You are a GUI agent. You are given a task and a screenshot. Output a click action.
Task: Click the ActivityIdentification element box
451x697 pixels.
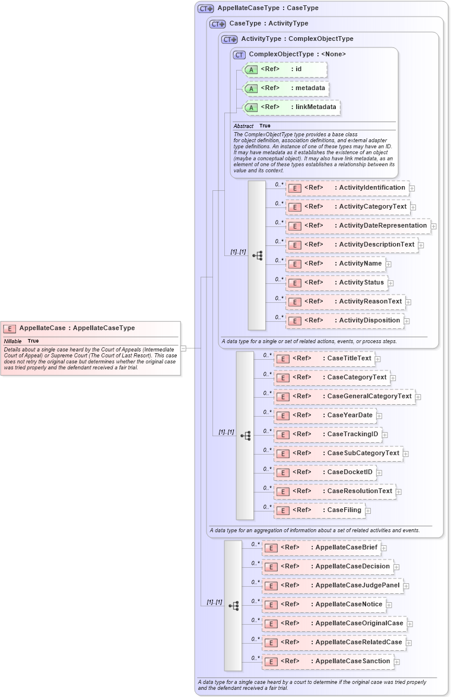347,188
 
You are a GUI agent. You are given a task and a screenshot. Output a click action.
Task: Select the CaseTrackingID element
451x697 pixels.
328,434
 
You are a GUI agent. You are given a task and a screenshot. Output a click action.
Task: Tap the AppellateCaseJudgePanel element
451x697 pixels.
333,586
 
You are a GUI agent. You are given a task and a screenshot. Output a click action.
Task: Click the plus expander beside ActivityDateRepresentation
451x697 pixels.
434,226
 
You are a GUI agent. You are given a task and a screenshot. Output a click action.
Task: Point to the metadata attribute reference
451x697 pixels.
286,88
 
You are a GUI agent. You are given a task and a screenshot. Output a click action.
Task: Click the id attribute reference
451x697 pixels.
285,69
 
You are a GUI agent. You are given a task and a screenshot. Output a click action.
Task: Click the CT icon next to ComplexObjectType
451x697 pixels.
239,55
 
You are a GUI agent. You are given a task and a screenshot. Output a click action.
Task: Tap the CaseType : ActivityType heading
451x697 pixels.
269,24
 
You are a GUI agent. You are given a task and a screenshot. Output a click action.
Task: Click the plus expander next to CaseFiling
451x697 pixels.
368,511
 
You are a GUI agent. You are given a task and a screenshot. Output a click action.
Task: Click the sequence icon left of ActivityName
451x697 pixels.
257,255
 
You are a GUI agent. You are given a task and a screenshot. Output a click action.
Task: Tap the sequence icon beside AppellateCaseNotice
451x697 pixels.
233,605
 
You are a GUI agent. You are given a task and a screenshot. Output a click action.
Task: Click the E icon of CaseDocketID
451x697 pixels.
283,472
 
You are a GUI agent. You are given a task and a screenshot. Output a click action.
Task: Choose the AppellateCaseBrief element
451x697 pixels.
322,548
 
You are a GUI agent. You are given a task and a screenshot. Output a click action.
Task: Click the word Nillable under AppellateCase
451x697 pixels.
12,341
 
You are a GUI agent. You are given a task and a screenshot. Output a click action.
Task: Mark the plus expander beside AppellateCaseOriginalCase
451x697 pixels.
410,624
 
